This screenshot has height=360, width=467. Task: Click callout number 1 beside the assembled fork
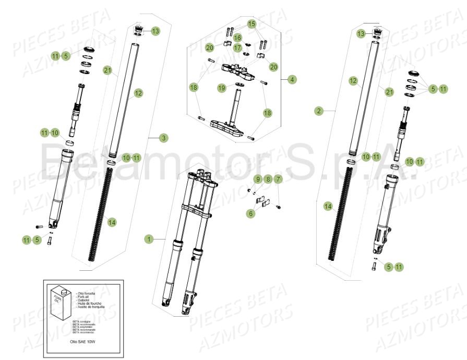pyautogui.click(x=149, y=239)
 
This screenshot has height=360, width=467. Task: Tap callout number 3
pyautogui.click(x=164, y=138)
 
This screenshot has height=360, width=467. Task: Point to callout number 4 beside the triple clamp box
pyautogui.click(x=292, y=80)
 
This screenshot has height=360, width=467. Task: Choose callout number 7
pyautogui.click(x=278, y=180)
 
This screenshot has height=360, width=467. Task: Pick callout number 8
pyautogui.click(x=268, y=180)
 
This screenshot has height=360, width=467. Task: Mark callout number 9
pyautogui.click(x=257, y=180)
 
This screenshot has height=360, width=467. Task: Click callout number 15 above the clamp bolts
pyautogui.click(x=252, y=24)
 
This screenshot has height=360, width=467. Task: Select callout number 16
pyautogui.click(x=237, y=38)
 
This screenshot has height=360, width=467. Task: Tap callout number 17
pyautogui.click(x=237, y=48)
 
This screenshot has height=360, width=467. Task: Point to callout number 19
pyautogui.click(x=222, y=88)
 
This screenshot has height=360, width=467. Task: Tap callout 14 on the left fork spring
pyautogui.click(x=112, y=222)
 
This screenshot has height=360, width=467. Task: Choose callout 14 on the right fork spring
pyautogui.click(x=328, y=206)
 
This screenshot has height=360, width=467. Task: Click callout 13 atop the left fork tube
pyautogui.click(x=155, y=31)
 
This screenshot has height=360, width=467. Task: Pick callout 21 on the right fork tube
pyautogui.click(x=390, y=92)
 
